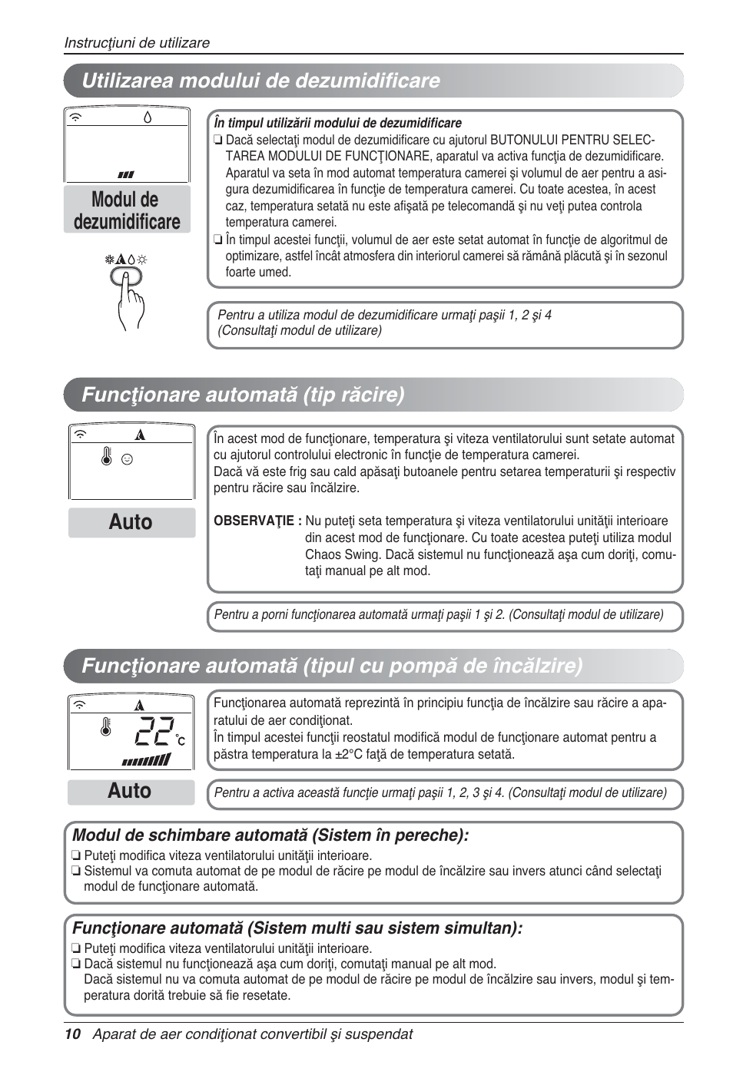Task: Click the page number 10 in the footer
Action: click(72, 1034)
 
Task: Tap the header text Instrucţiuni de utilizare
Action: click(137, 43)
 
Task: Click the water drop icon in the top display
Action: click(148, 117)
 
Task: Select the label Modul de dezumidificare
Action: click(127, 210)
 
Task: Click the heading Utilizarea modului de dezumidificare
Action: click(261, 81)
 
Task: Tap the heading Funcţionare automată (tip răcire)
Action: click(243, 395)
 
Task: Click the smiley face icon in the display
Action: click(128, 459)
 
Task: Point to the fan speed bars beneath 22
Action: click(145, 760)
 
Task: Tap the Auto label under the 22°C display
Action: click(130, 791)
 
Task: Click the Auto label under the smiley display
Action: click(131, 522)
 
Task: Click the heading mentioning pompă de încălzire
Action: click(332, 665)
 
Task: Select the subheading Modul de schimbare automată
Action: click(270, 835)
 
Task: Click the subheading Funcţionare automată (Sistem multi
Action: click(297, 928)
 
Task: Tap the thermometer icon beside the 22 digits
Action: click(106, 726)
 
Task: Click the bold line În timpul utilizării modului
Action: click(338, 123)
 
